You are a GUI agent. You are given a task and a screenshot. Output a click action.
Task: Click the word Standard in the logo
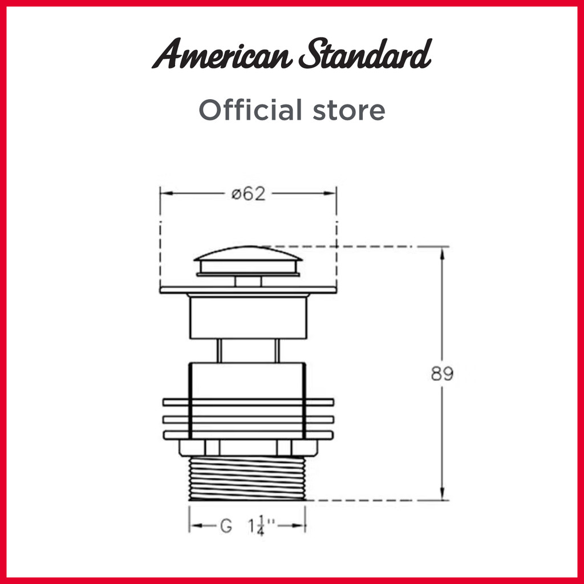366,54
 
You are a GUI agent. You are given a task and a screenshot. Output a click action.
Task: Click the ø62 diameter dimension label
249,194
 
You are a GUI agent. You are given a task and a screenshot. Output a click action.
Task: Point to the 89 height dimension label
442,374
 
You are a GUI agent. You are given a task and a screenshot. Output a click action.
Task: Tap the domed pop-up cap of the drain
248,261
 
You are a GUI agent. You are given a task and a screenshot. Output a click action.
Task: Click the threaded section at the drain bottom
248,478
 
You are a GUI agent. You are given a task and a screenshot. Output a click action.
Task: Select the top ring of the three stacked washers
249,402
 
